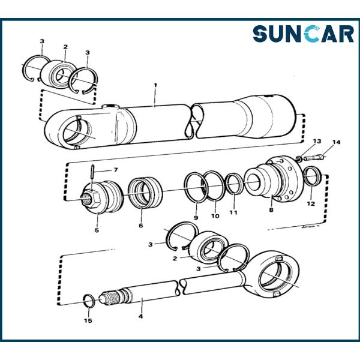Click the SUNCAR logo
point(302,34)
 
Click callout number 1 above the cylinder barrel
point(155,86)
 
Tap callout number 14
point(336,142)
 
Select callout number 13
point(317,141)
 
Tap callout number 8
point(271,210)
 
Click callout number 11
point(233,212)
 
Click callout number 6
point(141,226)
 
